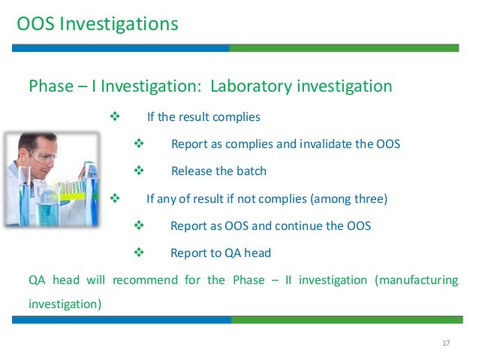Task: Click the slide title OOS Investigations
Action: pos(98,24)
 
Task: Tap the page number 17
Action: pos(446,343)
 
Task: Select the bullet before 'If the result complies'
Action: pos(115,117)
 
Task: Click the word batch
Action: pos(251,171)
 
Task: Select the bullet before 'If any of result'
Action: pos(115,198)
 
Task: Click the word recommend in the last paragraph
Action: pos(144,280)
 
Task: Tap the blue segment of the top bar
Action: pos(121,47)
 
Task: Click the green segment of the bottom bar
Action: pos(345,319)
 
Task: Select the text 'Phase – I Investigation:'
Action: pos(113,86)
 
